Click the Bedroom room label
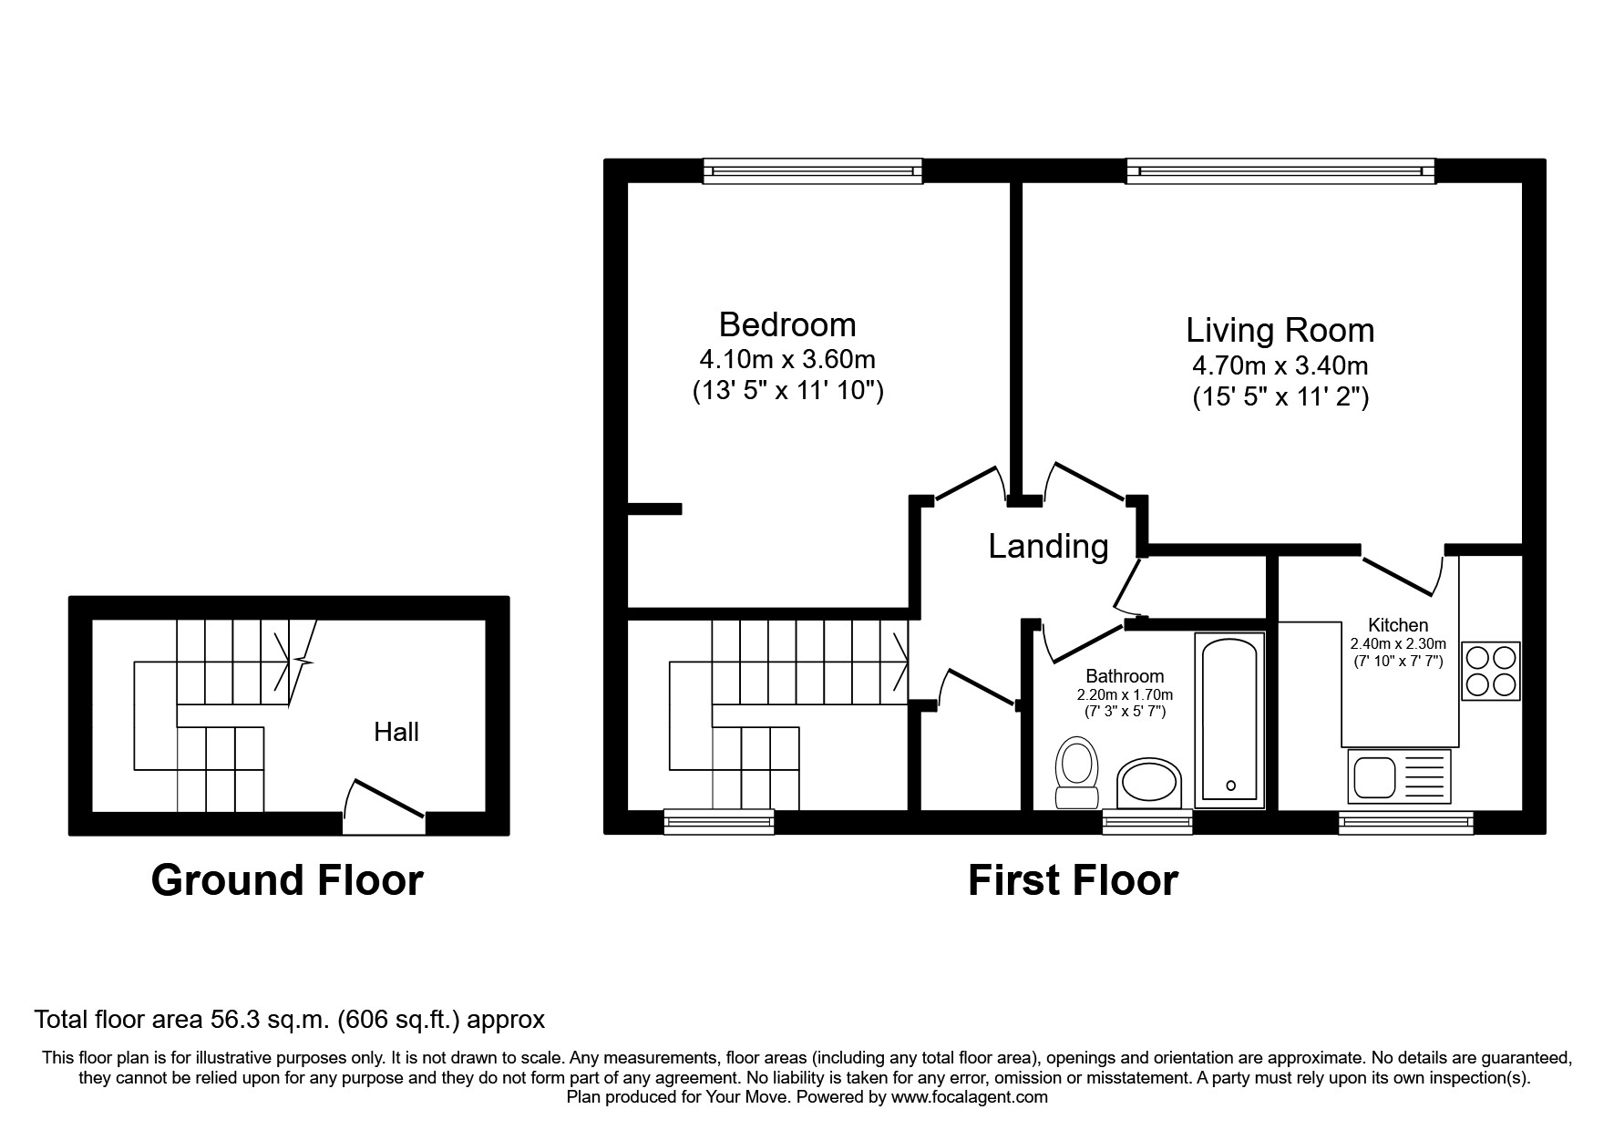(x=787, y=324)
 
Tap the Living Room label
(x=1280, y=330)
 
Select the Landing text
(x=1048, y=546)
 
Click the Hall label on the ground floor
(x=396, y=732)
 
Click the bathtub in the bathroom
(x=1229, y=720)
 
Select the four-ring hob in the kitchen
(x=1491, y=671)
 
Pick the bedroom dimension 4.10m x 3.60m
(x=787, y=359)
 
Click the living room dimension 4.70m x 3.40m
(x=1280, y=365)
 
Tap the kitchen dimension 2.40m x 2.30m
(x=1398, y=644)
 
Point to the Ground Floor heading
(x=287, y=880)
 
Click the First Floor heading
(x=1073, y=880)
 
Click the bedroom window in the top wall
(x=813, y=170)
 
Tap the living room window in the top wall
(x=1280, y=170)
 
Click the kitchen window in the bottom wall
(x=1405, y=823)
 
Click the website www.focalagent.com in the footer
(x=970, y=1097)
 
